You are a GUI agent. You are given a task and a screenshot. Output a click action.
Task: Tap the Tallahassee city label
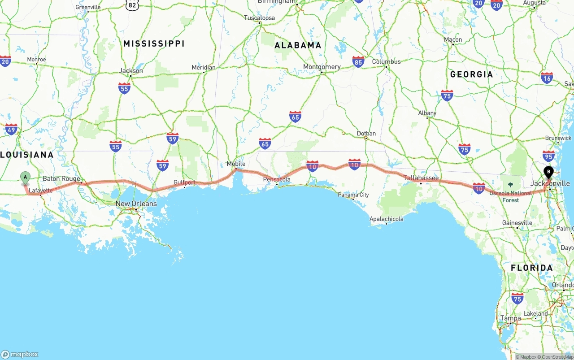click(x=421, y=178)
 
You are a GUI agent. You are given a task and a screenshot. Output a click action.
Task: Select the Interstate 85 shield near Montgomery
click(x=358, y=62)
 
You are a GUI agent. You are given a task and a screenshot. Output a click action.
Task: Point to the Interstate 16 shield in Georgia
click(x=547, y=78)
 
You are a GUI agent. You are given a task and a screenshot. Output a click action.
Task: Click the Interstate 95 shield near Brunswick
click(x=548, y=156)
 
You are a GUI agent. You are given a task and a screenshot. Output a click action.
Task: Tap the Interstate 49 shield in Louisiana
click(x=11, y=130)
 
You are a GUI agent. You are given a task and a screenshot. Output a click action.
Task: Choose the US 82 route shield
click(x=132, y=5)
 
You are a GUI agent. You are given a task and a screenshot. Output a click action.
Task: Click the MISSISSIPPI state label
click(x=154, y=43)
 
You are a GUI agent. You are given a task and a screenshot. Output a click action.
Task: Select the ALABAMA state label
click(x=298, y=45)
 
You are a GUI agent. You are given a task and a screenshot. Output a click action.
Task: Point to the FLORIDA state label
click(x=532, y=268)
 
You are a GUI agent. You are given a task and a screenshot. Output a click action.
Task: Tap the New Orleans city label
click(x=136, y=204)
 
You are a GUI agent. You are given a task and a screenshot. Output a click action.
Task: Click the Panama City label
click(x=354, y=195)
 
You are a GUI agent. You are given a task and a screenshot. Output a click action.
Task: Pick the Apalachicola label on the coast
click(x=386, y=219)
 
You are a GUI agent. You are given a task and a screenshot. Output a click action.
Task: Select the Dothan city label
click(x=366, y=134)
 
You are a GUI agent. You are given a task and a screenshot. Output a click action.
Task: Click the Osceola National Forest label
click(x=510, y=196)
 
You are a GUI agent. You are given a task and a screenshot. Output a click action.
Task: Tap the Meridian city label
click(x=204, y=67)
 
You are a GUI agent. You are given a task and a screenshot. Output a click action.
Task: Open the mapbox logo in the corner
click(x=20, y=354)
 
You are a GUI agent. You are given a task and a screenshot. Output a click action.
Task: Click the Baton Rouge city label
click(x=61, y=178)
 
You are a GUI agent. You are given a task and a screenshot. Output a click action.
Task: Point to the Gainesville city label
click(x=517, y=223)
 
